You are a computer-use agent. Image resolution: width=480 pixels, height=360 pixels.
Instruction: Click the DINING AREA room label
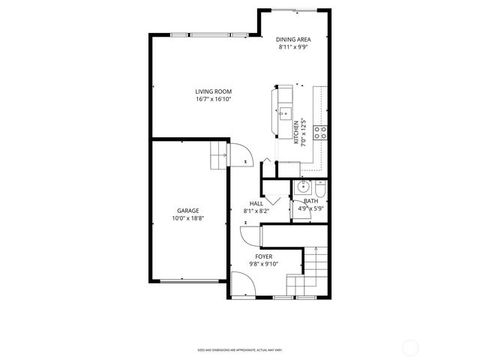pos(293,39)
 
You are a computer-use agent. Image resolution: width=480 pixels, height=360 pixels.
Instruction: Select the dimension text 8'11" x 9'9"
pos(293,46)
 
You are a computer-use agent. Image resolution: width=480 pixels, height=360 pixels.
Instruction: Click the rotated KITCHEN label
pos(296,132)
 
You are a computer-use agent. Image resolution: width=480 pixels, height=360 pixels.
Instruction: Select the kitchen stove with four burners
pos(320,133)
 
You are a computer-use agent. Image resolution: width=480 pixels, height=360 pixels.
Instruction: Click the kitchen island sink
pos(284,115)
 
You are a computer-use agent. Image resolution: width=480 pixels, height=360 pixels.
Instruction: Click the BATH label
pos(310,201)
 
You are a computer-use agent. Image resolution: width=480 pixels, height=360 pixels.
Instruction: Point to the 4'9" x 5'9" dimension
pos(310,208)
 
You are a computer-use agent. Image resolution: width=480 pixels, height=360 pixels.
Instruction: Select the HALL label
pos(256,204)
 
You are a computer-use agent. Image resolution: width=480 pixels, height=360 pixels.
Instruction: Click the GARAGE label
pos(187,211)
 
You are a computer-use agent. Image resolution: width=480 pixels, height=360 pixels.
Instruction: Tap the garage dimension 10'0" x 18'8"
pos(187,219)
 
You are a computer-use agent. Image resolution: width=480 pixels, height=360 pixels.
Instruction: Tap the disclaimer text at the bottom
pos(239,349)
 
